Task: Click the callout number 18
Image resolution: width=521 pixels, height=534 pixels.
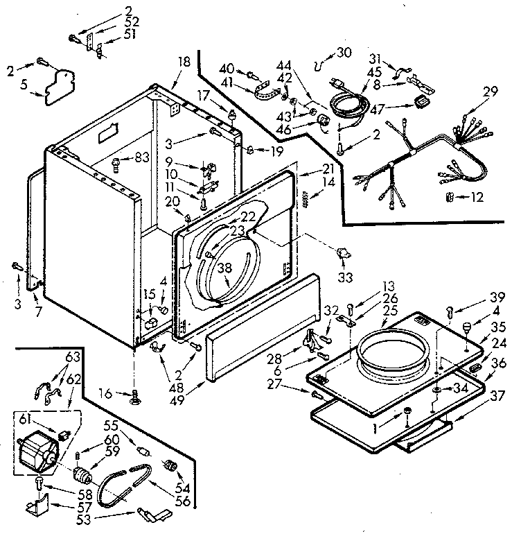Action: [183, 62]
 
